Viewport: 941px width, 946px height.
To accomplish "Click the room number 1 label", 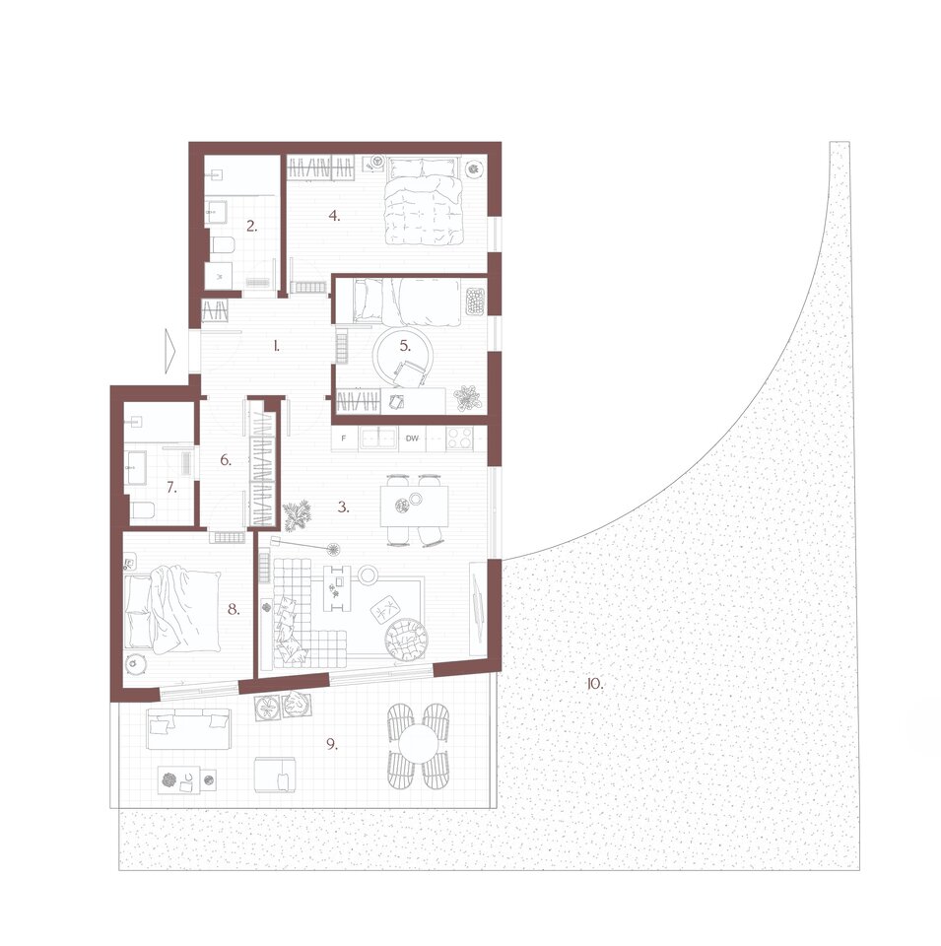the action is (x=276, y=346).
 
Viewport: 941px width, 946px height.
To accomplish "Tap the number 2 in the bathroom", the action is (x=251, y=227).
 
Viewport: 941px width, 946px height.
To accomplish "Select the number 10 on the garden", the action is (x=595, y=684).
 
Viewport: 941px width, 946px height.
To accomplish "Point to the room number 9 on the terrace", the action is (x=332, y=744).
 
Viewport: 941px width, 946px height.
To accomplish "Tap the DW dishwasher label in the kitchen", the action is (x=412, y=439).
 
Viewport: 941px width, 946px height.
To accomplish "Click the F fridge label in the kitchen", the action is (x=344, y=439).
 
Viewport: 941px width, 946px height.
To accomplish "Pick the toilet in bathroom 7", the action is (x=142, y=510).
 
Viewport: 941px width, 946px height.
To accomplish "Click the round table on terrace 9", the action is (x=418, y=746).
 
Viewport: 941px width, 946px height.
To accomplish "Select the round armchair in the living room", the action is (x=407, y=641).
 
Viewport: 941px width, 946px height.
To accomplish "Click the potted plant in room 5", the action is (x=467, y=398).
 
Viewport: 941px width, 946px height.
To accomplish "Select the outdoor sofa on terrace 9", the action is (x=189, y=729).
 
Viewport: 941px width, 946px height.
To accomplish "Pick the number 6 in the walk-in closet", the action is (x=226, y=460).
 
